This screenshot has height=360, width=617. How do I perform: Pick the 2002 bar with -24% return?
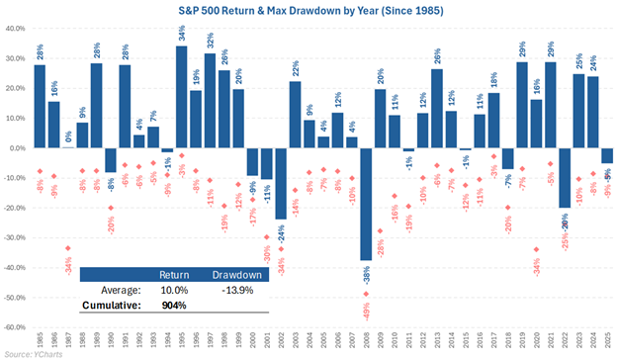click(281, 183)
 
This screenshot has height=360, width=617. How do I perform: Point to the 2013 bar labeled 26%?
click(437, 109)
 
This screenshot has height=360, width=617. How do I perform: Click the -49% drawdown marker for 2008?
click(367, 293)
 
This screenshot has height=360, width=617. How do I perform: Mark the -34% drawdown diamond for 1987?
click(67, 248)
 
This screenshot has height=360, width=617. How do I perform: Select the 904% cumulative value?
click(174, 307)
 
